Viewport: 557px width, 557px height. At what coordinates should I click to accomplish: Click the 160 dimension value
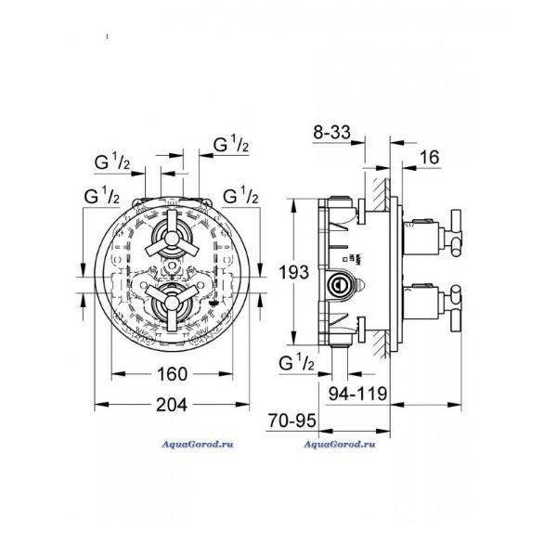tap(172, 374)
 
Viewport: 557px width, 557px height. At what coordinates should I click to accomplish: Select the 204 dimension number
tap(172, 405)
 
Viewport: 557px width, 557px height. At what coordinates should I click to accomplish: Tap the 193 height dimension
tap(293, 273)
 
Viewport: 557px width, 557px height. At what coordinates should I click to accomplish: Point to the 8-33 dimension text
tap(331, 132)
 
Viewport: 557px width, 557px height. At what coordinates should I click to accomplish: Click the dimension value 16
tap(430, 158)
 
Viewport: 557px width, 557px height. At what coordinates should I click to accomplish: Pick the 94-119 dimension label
tap(357, 394)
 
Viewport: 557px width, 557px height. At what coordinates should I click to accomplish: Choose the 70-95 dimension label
tap(292, 421)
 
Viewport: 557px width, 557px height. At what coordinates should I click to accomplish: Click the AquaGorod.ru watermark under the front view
tap(198, 445)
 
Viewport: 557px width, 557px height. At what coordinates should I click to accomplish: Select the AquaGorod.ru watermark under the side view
tap(340, 445)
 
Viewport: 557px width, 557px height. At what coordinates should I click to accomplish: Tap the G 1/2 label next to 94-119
tap(297, 363)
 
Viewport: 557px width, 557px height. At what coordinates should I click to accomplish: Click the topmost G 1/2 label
tap(231, 144)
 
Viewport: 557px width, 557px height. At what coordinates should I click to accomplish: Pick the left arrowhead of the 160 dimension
tap(119, 374)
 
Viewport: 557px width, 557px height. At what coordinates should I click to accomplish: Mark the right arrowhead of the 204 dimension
tap(242, 405)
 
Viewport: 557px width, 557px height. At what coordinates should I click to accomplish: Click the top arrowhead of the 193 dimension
tap(293, 206)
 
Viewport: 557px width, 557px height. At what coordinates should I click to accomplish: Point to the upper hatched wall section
tap(382, 195)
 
